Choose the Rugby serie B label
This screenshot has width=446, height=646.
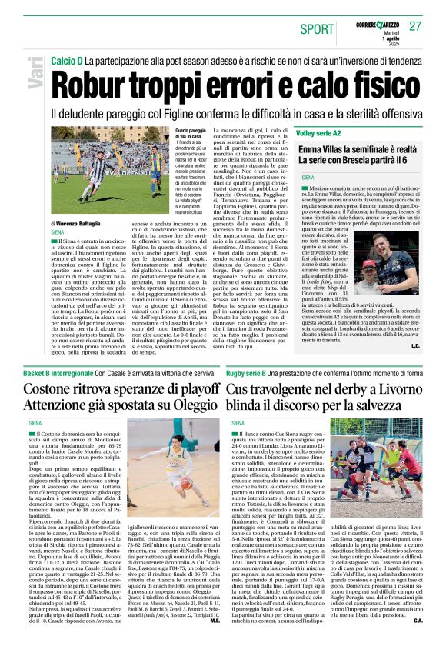(x=252, y=373)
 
